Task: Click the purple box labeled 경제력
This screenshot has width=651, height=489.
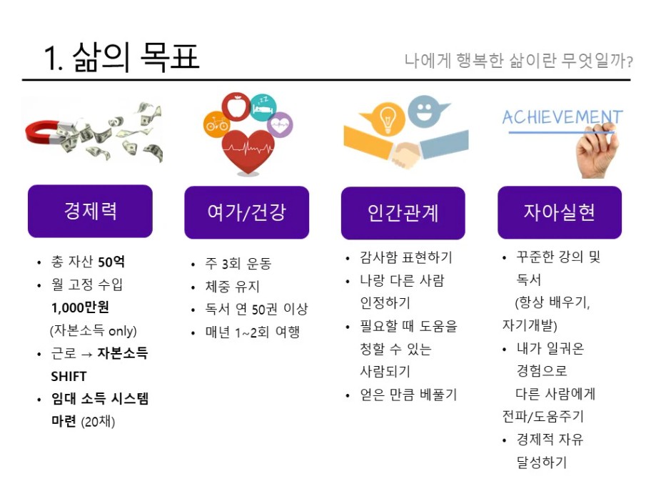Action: [x=90, y=211]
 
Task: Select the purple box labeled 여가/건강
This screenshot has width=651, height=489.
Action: [x=246, y=212]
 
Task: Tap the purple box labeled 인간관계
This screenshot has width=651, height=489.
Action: [x=403, y=213]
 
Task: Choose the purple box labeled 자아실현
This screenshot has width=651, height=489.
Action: [x=560, y=212]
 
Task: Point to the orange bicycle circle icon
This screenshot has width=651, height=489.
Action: [x=216, y=124]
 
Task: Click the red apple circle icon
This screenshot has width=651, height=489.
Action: [x=236, y=107]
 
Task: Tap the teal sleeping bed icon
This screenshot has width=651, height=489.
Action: [x=263, y=108]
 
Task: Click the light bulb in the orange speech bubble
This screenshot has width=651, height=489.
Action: [x=387, y=119]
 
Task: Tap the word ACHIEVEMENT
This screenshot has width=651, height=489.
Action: [x=562, y=117]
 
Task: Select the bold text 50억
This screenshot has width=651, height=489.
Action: [x=111, y=262]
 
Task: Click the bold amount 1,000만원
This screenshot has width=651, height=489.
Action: [x=80, y=307]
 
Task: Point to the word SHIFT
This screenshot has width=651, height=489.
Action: [x=69, y=376]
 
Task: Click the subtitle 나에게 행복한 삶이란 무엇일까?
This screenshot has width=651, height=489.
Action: [x=518, y=61]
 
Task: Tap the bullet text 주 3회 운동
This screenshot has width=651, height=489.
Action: [x=238, y=263]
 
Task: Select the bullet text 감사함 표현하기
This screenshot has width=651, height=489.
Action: [x=405, y=257]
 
